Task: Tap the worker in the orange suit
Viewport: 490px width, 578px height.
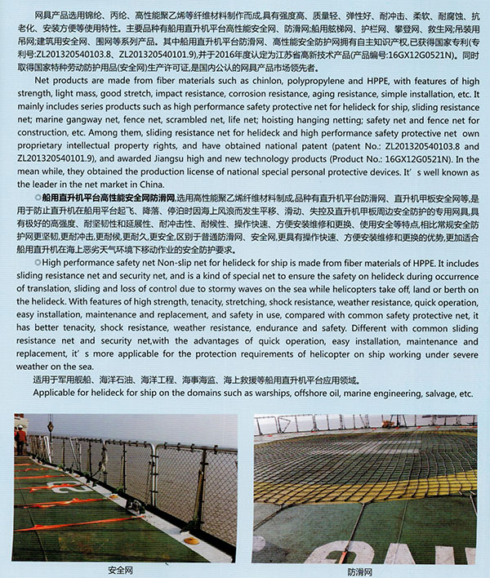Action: pyautogui.click(x=20, y=440)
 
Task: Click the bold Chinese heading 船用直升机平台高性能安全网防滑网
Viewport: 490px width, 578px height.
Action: pyautogui.click(x=110, y=198)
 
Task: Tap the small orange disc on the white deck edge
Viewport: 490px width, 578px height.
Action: pyautogui.click(x=189, y=540)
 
